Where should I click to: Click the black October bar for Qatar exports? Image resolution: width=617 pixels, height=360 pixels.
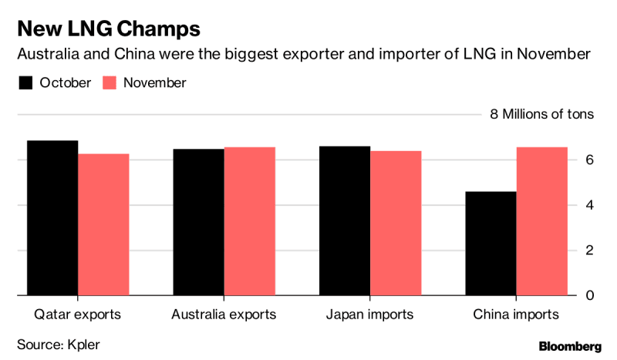click(52, 218)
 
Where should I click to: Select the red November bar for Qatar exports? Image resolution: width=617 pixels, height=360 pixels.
click(103, 224)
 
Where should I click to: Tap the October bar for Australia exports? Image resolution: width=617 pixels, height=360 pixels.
click(198, 222)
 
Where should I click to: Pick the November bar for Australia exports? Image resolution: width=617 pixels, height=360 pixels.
click(250, 221)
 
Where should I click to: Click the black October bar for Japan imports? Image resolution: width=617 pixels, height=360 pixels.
click(344, 220)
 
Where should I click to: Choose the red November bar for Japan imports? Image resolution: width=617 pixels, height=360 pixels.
click(396, 223)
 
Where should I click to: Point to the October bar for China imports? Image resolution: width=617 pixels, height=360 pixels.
click(491, 244)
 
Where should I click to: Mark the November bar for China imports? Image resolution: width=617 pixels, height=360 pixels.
click(542, 221)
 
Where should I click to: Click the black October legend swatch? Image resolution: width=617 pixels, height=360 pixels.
click(25, 82)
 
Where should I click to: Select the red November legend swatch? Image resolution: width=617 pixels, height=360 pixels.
click(110, 82)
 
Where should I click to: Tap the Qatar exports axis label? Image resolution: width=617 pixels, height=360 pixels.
click(77, 315)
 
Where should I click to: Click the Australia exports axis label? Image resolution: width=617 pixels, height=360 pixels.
click(224, 315)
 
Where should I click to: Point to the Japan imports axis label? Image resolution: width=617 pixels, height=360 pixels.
click(369, 315)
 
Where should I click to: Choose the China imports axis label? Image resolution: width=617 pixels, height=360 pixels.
click(516, 315)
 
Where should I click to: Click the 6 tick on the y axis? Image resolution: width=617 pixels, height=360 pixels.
click(589, 160)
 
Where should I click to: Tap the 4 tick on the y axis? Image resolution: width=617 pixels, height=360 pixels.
click(589, 205)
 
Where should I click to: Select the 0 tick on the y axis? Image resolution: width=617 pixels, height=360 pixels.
click(589, 295)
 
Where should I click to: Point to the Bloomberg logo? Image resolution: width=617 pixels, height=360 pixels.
click(570, 345)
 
